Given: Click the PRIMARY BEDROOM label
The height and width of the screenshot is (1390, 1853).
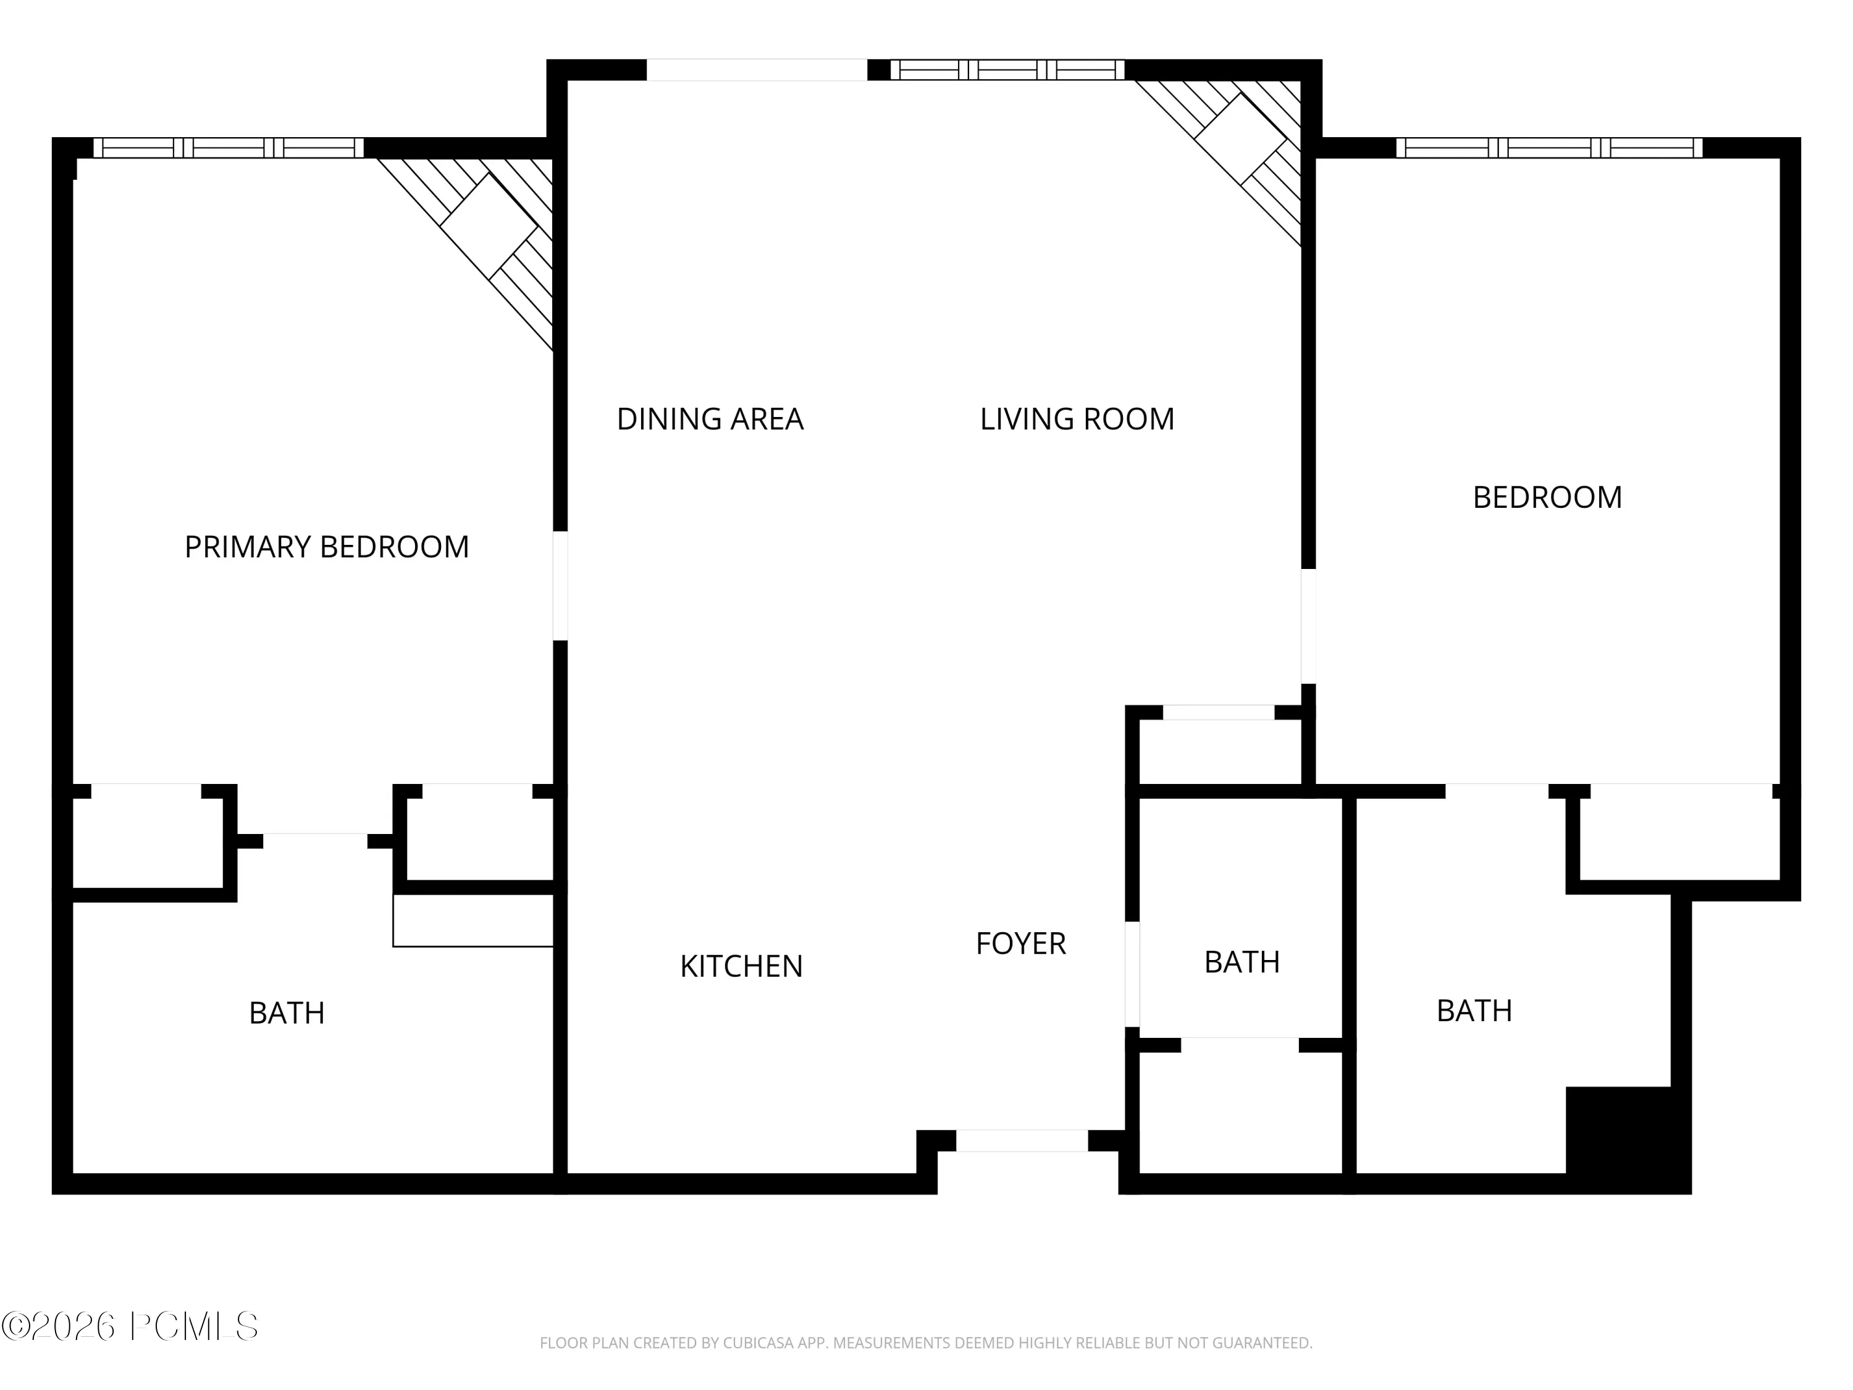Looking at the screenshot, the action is point(327,547).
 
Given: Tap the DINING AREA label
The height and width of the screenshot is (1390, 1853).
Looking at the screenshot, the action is point(710,419).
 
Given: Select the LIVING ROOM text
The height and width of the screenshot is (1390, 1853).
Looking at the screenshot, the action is point(1077,419).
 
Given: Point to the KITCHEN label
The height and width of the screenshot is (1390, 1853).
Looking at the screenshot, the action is point(741,966).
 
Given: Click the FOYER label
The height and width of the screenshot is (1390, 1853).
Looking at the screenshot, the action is point(1021,944).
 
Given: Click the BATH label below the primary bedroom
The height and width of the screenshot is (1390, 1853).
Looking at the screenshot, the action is point(287,1014).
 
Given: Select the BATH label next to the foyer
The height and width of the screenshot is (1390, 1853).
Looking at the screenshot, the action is point(1242,962).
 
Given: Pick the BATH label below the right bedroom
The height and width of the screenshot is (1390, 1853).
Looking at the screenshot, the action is point(1474,1011).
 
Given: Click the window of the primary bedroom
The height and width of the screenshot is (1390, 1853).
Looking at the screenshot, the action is point(229,148).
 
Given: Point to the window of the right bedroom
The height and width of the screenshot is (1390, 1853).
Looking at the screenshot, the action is point(1550,148).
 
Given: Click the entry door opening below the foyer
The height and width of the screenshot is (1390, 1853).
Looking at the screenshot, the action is point(1022,1140).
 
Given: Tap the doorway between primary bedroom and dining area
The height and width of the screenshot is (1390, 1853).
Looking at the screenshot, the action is point(560,586).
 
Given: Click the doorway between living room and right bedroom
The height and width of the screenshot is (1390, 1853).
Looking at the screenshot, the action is point(1308,626).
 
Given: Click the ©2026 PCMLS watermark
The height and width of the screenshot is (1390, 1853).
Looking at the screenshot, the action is point(130,1326).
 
